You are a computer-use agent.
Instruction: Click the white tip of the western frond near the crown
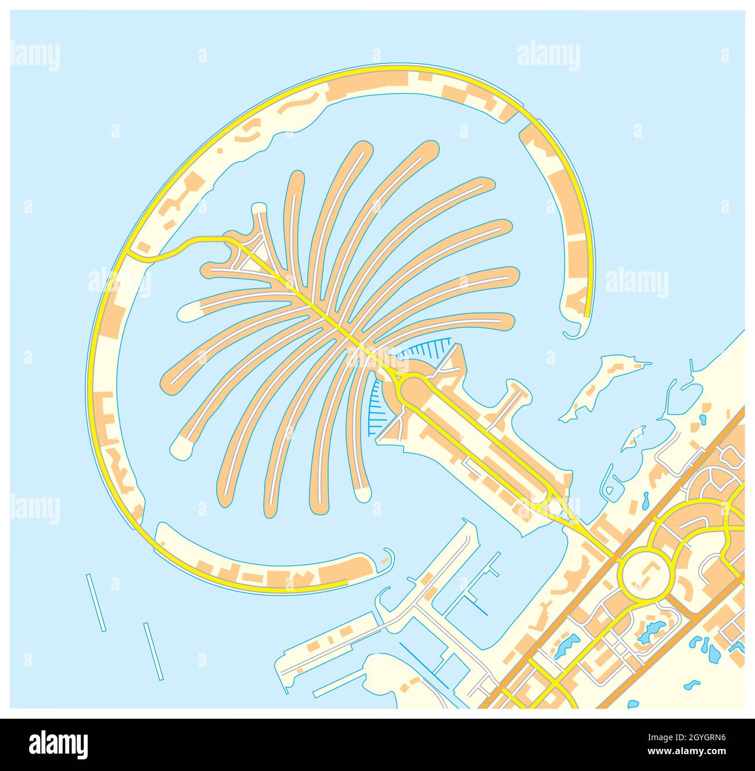coord(188,313)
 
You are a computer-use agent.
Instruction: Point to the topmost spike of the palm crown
coord(258,210)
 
